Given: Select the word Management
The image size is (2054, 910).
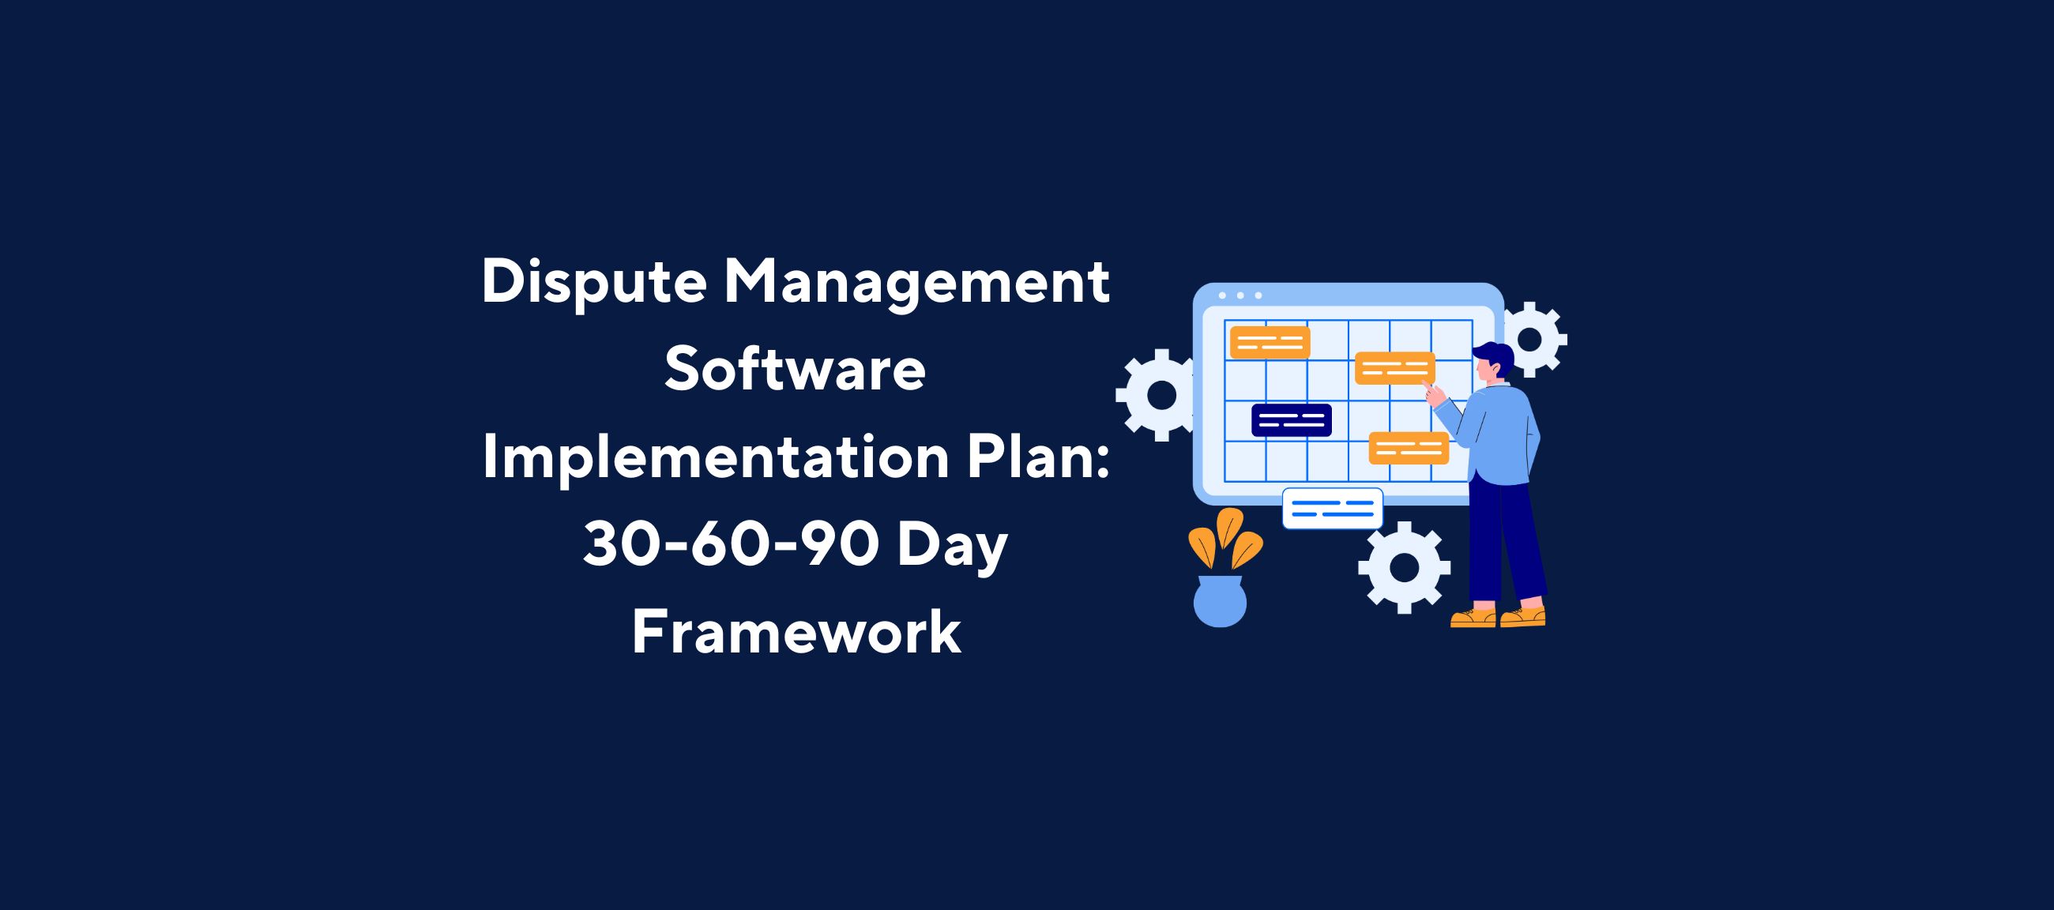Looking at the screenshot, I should tap(916, 284).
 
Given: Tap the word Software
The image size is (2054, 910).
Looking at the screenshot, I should tap(795, 370).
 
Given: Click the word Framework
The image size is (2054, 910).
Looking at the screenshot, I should tap(796, 634).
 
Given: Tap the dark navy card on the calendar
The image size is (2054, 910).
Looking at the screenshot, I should tap(1291, 420).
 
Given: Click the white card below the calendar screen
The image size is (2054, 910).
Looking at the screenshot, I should tap(1332, 509).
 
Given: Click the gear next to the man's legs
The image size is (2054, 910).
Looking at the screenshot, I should tap(1404, 567).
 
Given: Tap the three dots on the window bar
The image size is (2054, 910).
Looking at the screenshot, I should tap(1240, 295).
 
